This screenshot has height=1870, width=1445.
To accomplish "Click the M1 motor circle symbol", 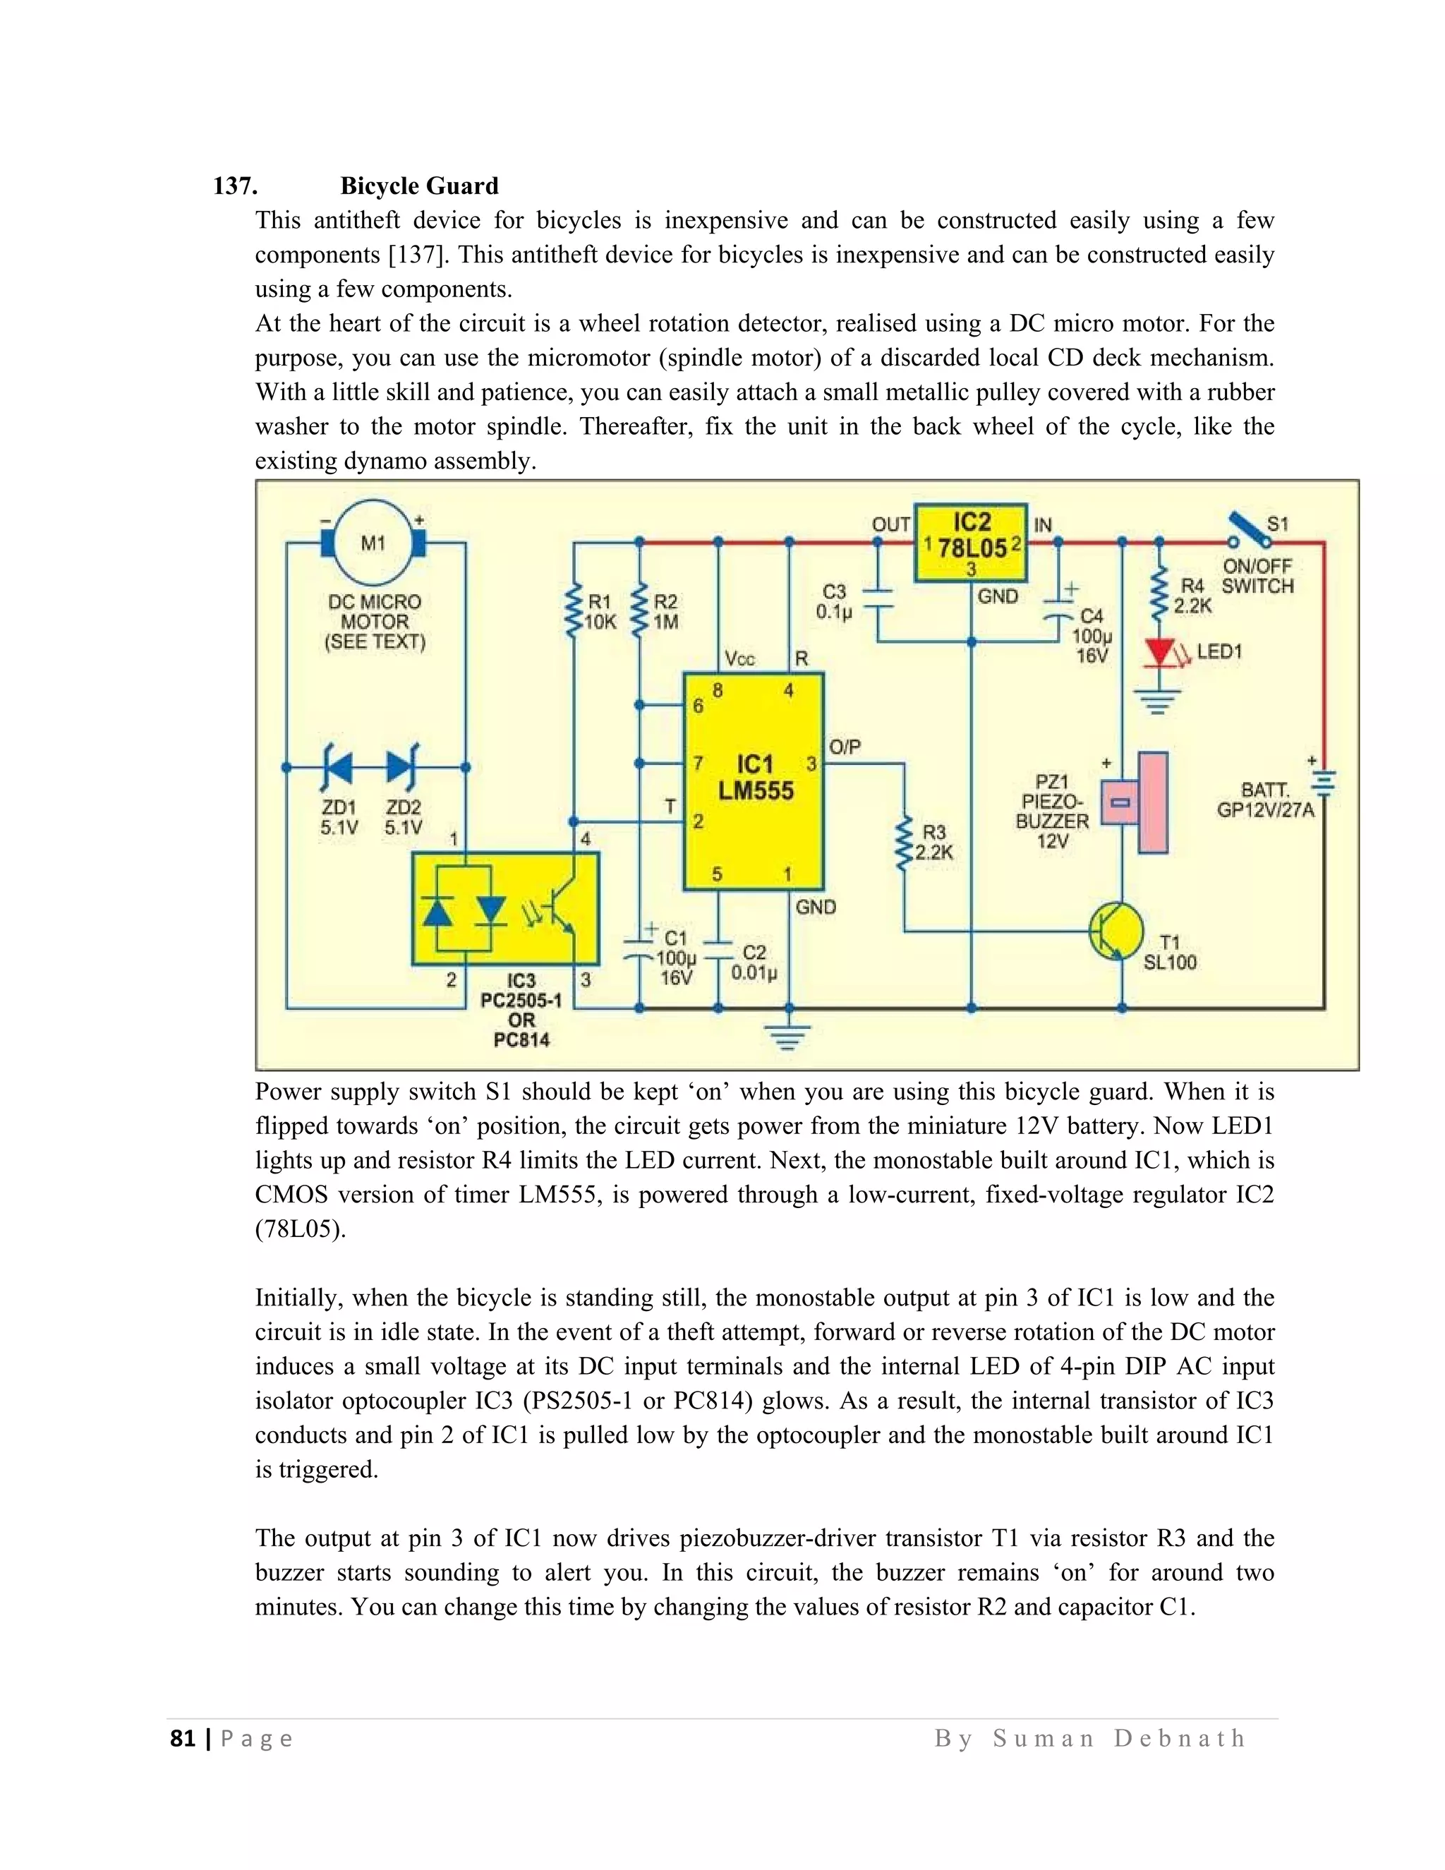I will [373, 543].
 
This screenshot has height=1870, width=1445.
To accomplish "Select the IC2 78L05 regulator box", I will [971, 543].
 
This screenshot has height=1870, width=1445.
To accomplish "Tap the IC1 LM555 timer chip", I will [754, 781].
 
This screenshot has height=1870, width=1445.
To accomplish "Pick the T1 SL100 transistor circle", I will [1116, 931].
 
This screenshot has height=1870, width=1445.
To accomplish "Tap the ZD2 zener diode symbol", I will [401, 767].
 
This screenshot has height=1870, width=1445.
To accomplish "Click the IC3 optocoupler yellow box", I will [505, 908].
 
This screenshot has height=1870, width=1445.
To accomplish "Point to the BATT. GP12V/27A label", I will [1264, 800].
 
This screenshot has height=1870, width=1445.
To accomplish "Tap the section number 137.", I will [236, 186].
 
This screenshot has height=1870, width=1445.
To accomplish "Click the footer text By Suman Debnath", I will [1089, 1738].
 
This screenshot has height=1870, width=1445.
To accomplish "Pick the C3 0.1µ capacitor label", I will [834, 601].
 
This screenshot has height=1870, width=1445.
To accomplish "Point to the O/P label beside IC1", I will [845, 747].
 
